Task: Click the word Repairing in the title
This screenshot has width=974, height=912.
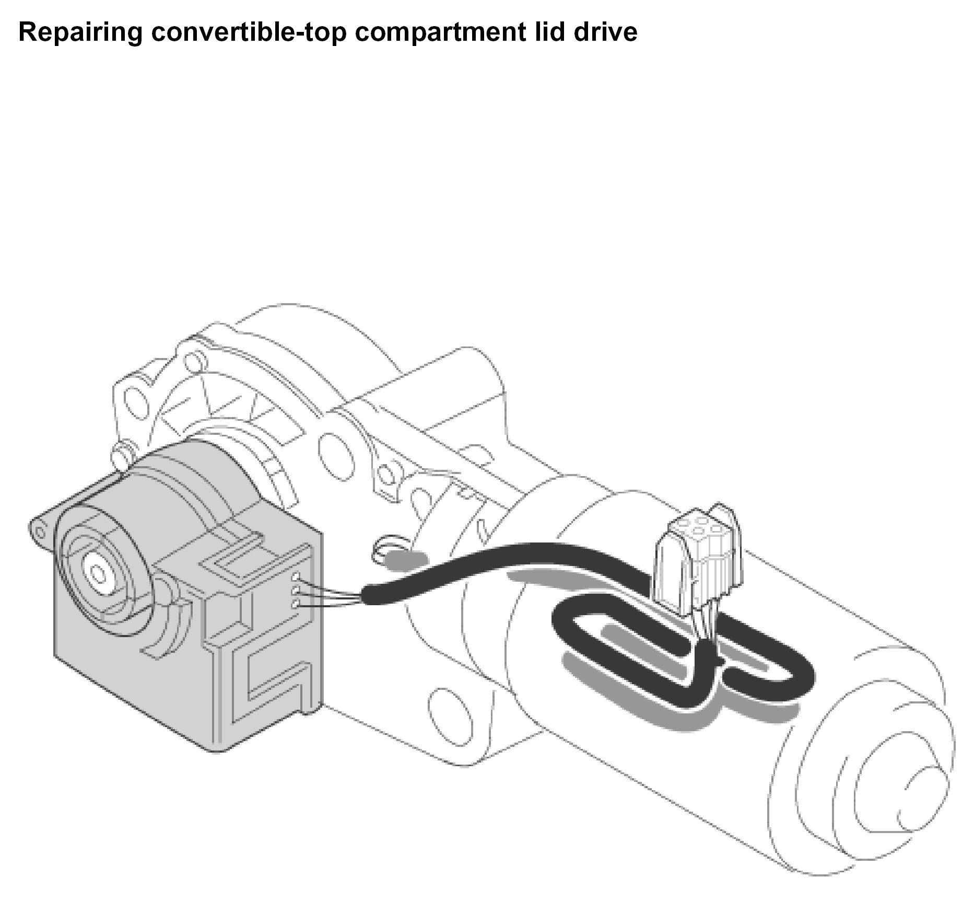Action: [80, 32]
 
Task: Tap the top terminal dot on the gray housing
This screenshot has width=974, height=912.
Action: [296, 577]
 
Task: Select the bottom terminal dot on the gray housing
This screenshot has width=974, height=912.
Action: [296, 604]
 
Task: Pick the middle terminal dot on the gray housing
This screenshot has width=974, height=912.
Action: [296, 591]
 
